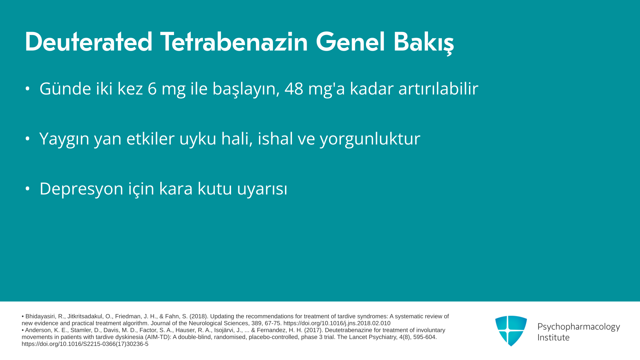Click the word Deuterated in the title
89,42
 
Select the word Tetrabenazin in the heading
234,42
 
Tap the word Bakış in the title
424,43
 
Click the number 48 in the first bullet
294,89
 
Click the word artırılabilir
438,89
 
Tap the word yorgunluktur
370,139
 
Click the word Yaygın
64,139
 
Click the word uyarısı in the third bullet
262,189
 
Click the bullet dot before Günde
28,89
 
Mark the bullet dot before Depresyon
28,189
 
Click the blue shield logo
511,331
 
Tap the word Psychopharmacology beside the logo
579,327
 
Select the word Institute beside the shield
554,337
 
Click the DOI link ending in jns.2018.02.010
337,323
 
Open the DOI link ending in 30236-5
85,344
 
